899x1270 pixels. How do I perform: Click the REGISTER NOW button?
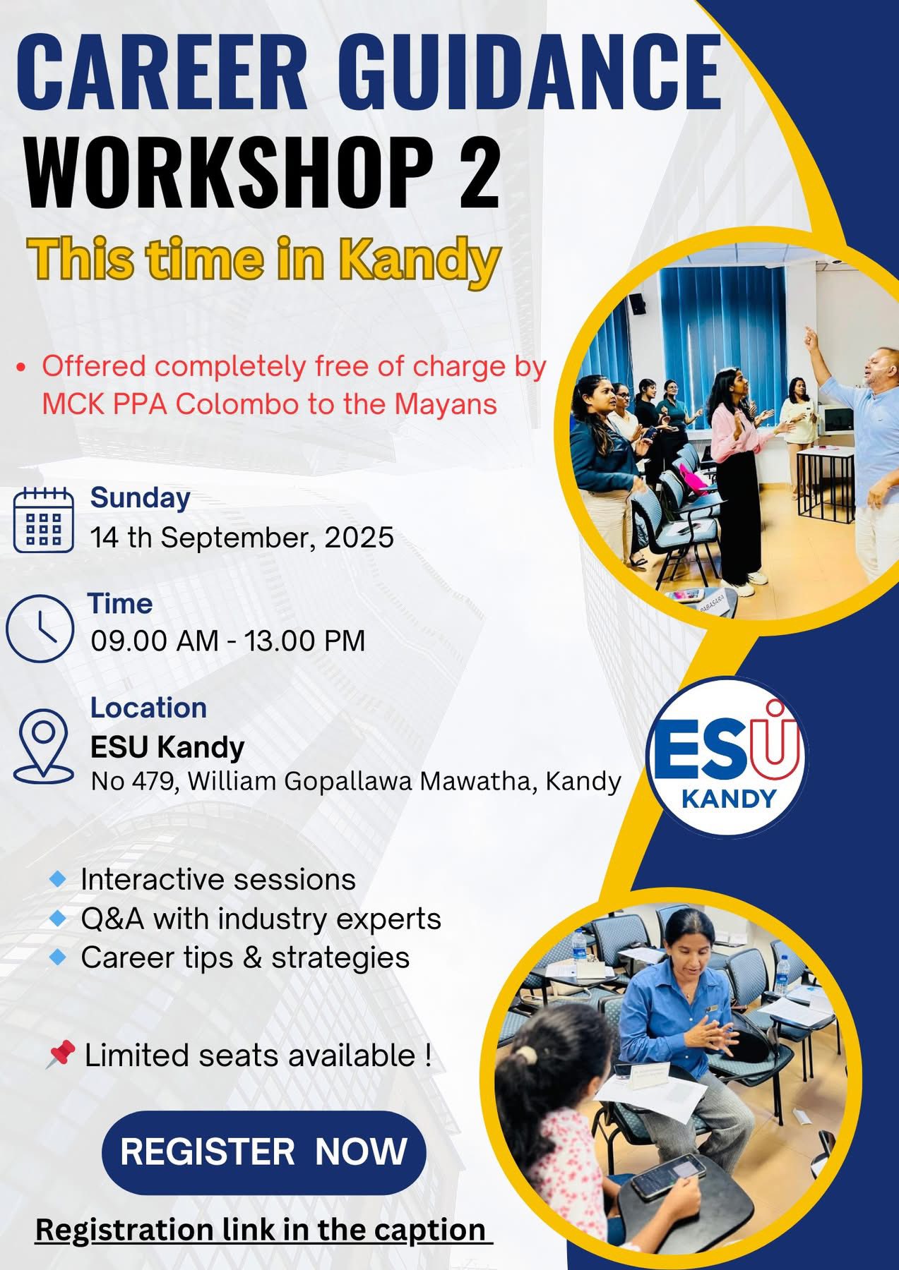(x=264, y=1151)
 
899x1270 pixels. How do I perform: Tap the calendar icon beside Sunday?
(x=44, y=519)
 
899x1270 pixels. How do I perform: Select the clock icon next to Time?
(x=40, y=628)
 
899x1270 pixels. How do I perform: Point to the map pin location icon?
(x=44, y=745)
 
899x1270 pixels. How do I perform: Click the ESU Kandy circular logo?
(x=727, y=756)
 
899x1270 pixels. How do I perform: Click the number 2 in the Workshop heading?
(x=479, y=172)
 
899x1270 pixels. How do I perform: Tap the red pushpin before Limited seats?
(x=61, y=1056)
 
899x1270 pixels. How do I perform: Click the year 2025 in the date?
(x=359, y=538)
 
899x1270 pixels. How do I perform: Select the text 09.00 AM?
(x=155, y=641)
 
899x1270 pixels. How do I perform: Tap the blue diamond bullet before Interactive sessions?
(x=59, y=878)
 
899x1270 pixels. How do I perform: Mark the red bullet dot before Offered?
(x=21, y=367)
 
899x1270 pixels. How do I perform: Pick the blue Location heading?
(x=148, y=708)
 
